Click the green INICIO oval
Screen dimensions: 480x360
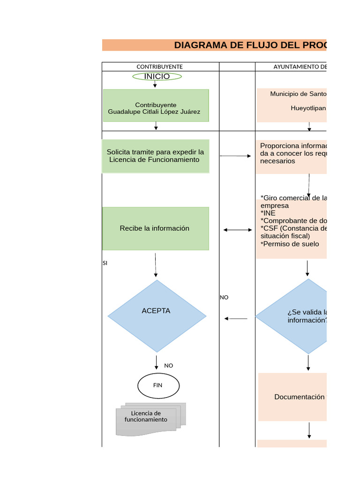point(157,76)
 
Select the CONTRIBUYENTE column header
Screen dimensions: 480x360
point(159,67)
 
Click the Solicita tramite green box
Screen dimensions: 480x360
point(156,156)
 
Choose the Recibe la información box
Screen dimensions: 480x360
point(156,229)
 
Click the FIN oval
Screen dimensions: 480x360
point(158,385)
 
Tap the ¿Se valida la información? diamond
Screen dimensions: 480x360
point(300,316)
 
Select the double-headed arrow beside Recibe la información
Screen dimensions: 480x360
point(238,230)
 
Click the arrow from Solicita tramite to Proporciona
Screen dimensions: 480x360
point(236,156)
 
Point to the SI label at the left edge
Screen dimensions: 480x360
point(105,263)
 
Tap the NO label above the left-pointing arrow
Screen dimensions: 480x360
point(224,297)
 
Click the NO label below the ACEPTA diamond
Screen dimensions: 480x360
point(168,366)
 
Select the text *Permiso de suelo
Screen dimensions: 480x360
point(290,244)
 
